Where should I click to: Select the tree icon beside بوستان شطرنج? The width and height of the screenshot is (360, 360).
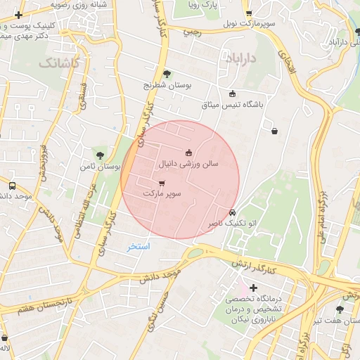pos(167,73)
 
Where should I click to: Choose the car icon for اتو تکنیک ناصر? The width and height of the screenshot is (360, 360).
pos(233,212)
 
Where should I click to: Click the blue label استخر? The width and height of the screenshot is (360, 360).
pos(139,247)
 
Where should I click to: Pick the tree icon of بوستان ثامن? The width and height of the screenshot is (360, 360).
pos(100,155)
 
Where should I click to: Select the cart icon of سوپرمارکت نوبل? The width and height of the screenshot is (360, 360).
pos(248,13)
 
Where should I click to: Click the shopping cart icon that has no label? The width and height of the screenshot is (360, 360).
pos(274,129)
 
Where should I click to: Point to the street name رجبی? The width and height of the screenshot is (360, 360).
pos(192,31)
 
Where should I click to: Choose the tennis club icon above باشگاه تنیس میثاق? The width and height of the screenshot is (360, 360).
pos(233,94)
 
